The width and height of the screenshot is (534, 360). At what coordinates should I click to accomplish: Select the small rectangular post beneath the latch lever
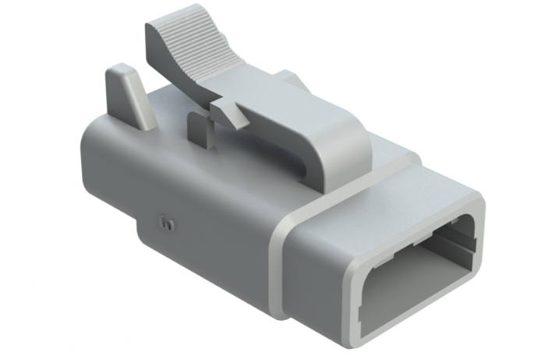coord(200,129)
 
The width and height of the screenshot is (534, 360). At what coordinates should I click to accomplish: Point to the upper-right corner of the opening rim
coord(476,204)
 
